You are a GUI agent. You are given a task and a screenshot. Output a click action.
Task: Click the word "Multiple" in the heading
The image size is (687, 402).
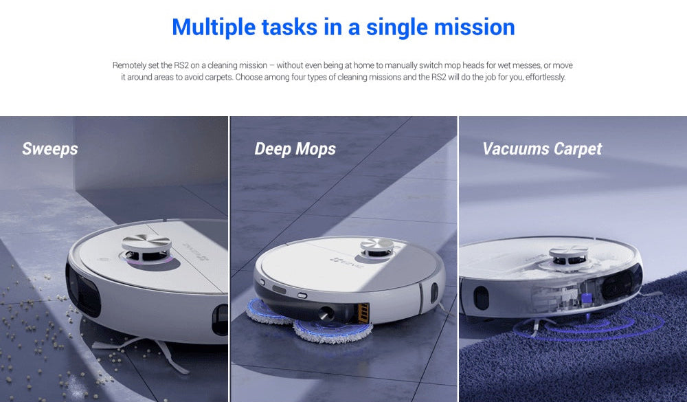(x=214, y=27)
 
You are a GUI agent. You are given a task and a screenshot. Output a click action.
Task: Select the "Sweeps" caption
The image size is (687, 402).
(x=50, y=149)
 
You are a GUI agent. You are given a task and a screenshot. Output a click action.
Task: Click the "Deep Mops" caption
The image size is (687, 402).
(x=295, y=149)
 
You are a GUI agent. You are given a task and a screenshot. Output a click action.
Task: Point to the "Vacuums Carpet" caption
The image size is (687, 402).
(x=543, y=149)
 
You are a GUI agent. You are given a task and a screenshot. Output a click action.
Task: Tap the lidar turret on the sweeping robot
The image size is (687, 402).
(x=147, y=249)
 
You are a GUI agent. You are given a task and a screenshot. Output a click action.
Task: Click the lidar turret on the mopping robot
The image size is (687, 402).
(x=376, y=247)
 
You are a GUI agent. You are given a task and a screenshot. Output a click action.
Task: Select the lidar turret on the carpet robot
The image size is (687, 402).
(x=568, y=256)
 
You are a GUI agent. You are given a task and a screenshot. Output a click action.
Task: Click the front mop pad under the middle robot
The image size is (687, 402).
(x=333, y=331)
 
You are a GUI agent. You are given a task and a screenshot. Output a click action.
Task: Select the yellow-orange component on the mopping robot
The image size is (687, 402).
(x=363, y=313)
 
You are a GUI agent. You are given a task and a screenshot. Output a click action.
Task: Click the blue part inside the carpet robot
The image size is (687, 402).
(x=586, y=298)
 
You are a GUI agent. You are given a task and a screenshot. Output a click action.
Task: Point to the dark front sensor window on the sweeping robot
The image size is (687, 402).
(x=83, y=290)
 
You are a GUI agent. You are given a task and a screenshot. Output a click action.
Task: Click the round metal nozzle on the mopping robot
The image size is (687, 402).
(x=326, y=313)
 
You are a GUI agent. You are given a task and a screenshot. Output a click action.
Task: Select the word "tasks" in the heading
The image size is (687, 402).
(x=290, y=27)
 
